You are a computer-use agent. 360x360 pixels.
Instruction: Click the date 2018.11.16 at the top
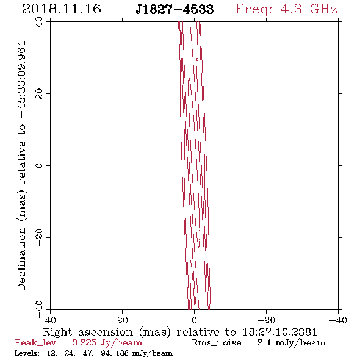[x=62, y=9]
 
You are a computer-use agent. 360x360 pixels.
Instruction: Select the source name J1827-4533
[x=175, y=9]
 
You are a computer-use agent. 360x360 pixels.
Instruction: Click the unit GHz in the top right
[x=323, y=9]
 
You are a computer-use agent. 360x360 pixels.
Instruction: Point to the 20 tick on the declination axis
[x=39, y=94]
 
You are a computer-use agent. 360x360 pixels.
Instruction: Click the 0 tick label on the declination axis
[x=39, y=165]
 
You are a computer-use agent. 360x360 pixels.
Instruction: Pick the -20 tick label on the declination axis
[x=39, y=237]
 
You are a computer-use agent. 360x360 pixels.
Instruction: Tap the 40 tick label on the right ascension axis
[x=50, y=320]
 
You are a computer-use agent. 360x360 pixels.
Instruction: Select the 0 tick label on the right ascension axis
[x=194, y=320]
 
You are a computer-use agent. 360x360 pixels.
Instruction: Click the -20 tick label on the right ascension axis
[x=266, y=320]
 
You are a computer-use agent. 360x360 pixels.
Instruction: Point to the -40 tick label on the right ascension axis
[x=338, y=320]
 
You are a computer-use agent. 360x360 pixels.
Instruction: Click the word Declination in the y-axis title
[x=21, y=259]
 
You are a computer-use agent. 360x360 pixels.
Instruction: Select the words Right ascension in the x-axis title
[x=88, y=332]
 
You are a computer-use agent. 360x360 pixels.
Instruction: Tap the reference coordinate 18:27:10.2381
[x=279, y=332]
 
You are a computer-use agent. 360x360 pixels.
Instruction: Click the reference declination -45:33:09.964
[x=22, y=79]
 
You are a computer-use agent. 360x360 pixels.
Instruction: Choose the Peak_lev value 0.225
[x=84, y=342]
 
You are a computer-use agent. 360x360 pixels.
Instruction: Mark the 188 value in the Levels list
[x=122, y=353]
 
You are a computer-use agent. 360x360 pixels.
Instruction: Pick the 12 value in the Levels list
[x=51, y=353]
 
